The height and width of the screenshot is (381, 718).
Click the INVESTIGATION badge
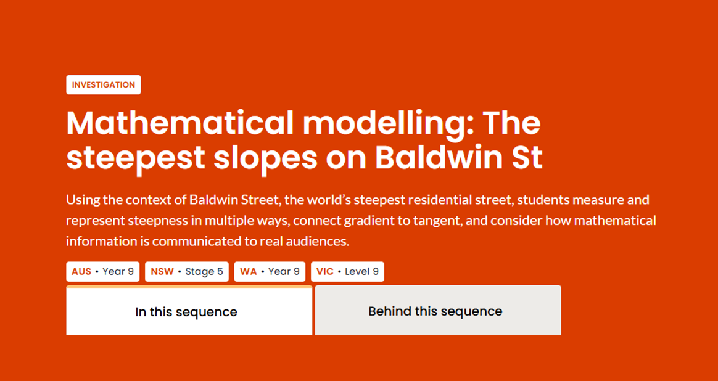104,84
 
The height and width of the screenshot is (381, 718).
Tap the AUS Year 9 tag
102,271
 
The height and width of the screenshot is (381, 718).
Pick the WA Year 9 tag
270,271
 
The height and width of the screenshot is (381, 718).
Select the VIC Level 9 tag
347,271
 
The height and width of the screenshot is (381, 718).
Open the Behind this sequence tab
438,311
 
